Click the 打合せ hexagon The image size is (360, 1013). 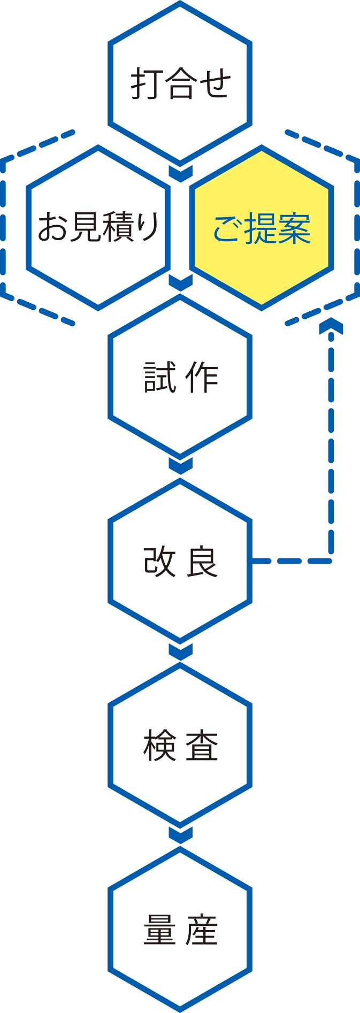click(180, 83)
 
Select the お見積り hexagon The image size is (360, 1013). click(98, 227)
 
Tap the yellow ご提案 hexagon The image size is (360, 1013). click(262, 227)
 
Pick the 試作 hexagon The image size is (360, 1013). click(180, 377)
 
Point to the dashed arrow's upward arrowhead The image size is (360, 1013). click(332, 327)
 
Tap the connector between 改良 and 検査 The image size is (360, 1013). click(180, 651)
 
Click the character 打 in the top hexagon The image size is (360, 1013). click(146, 83)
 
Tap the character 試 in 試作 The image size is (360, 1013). click(160, 378)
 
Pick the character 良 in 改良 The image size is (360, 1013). click(202, 562)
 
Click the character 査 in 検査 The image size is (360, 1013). click(202, 746)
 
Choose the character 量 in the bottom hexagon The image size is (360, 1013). click(159, 931)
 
